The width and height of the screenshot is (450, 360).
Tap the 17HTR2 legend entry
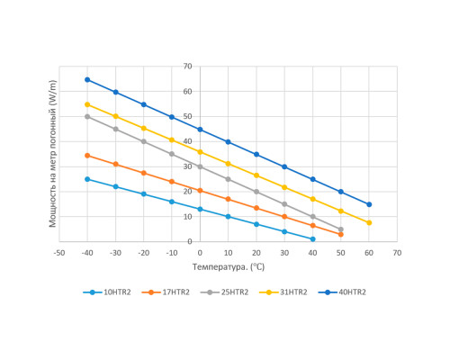[170, 292]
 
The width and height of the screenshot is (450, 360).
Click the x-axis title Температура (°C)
[228, 267]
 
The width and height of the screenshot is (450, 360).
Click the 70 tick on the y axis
[187, 66]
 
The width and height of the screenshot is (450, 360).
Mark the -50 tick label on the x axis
[59, 254]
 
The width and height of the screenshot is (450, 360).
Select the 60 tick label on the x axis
[369, 254]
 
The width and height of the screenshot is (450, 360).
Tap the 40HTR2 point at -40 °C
[87, 79]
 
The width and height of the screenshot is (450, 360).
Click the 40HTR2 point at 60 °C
[369, 204]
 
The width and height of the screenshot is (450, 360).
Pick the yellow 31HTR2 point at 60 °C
[369, 222]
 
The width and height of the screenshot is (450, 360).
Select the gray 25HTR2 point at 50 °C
[341, 229]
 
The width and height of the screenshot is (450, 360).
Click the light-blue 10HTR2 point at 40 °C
[312, 238]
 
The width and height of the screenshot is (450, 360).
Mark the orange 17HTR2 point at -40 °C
[87, 156]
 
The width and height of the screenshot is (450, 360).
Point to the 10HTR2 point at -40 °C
[87, 179]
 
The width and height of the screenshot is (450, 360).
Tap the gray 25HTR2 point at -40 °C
[87, 116]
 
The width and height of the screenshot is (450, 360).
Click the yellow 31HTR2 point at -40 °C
[87, 104]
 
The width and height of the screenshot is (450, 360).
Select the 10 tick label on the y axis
[187, 216]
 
